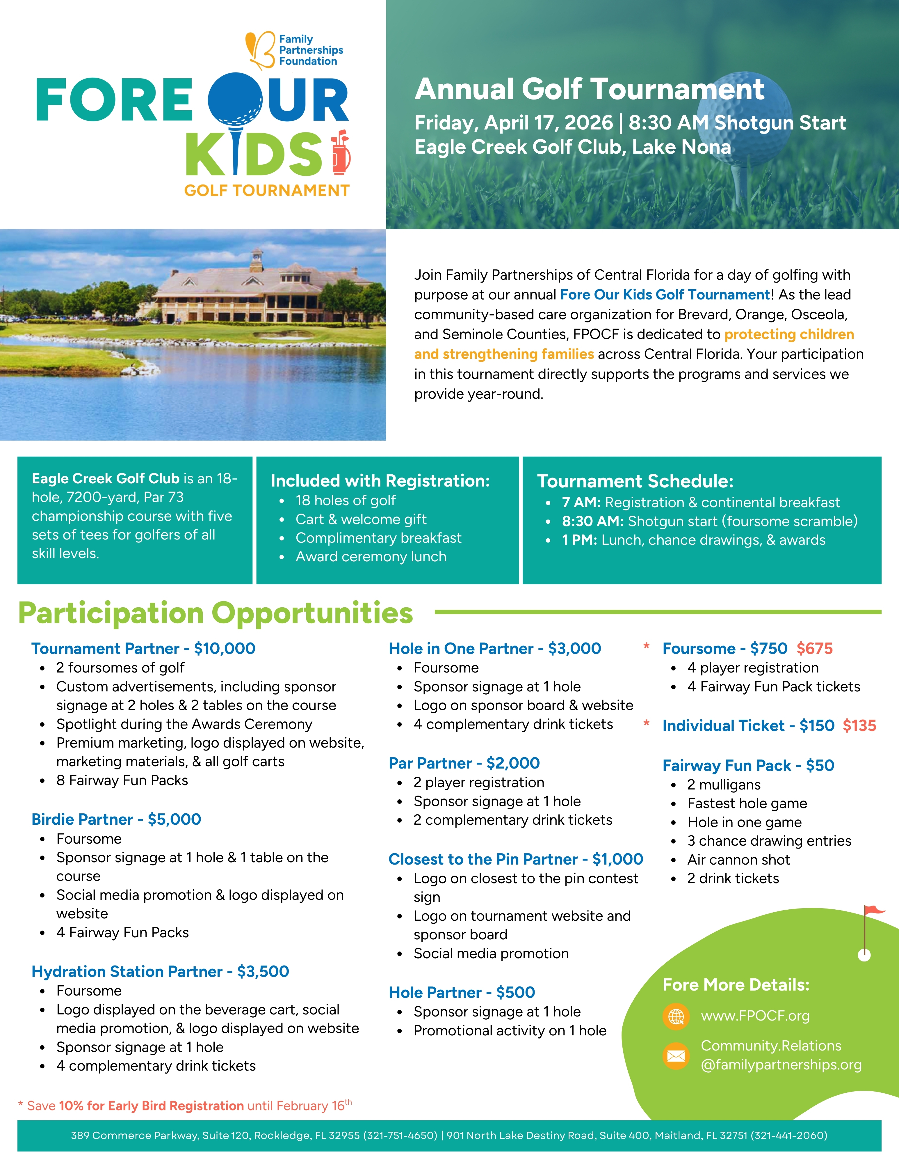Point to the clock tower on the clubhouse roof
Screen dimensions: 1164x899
257,256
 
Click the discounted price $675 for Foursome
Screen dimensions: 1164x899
814,649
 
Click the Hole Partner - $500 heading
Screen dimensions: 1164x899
462,992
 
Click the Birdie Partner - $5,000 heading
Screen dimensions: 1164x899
116,819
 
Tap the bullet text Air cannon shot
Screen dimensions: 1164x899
738,860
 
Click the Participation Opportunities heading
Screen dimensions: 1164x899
216,613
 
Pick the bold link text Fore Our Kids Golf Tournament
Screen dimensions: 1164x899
665,295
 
